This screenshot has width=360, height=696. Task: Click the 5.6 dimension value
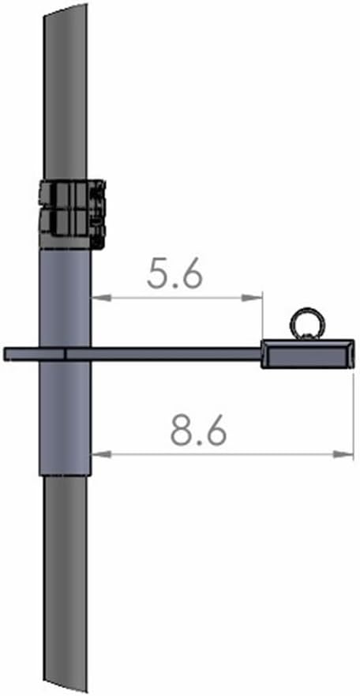(175, 273)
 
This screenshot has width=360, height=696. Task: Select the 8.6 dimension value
(199, 430)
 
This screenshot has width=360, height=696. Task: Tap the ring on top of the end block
(304, 324)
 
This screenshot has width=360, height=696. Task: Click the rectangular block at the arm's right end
(307, 354)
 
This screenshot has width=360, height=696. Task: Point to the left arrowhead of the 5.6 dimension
(97, 298)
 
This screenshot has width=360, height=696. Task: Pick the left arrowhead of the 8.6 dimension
(97, 453)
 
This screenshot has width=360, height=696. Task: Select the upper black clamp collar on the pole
(71, 194)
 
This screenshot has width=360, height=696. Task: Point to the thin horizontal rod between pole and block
(174, 354)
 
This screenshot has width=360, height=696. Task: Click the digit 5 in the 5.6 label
(159, 273)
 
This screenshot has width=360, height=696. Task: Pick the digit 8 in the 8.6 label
(182, 430)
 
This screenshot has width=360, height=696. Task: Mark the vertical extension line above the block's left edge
(261, 316)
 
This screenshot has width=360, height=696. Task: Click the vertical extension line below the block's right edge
(353, 411)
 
